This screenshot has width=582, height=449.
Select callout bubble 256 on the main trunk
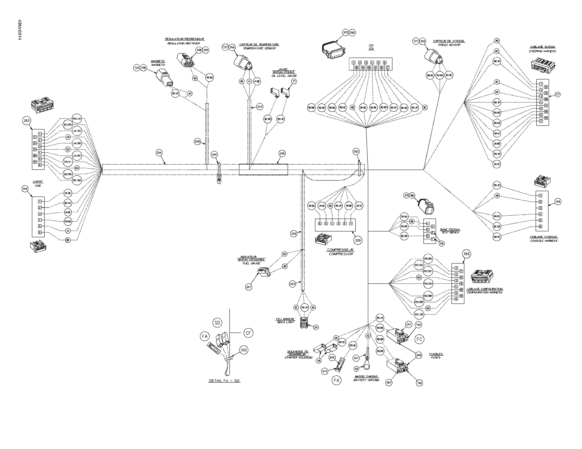(159, 153)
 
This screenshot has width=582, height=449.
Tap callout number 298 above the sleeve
(282, 153)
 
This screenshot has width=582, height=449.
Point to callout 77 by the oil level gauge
(294, 81)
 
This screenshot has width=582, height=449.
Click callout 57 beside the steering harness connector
(558, 95)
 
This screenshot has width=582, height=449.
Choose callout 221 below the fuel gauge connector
(249, 287)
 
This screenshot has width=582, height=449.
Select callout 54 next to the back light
(316, 327)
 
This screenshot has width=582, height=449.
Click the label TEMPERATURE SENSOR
(259, 48)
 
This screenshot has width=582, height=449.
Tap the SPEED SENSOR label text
(449, 45)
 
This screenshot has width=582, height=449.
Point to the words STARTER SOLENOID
(298, 358)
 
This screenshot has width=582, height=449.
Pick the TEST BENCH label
(450, 232)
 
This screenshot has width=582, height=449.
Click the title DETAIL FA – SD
(224, 381)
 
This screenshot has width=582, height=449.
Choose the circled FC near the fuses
(419, 339)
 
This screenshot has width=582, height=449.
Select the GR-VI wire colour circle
(497, 133)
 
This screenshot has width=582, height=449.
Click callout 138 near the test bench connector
(442, 244)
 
